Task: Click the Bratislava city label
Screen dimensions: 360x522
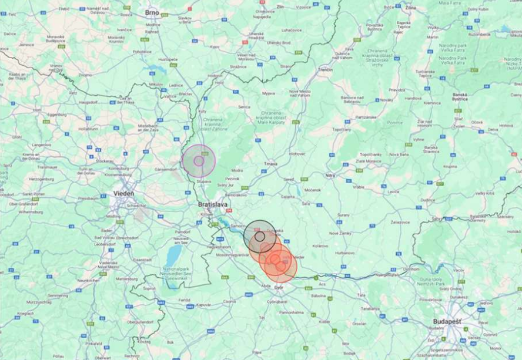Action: [x=213, y=204]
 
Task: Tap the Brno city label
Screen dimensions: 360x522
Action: [x=153, y=12]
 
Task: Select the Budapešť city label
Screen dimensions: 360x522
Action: [x=447, y=322]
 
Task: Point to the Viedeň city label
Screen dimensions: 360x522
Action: [x=123, y=193]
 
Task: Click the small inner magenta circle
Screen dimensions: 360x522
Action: [x=199, y=160]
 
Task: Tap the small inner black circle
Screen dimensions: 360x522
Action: [x=259, y=236]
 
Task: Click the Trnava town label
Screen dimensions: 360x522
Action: [x=270, y=164]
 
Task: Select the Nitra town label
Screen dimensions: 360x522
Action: [x=331, y=175]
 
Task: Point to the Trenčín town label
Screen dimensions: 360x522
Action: [x=325, y=69]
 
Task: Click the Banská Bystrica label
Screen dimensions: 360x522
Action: [x=460, y=97]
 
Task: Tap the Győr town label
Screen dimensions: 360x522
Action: [x=279, y=287]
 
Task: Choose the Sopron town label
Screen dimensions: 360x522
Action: [x=149, y=289]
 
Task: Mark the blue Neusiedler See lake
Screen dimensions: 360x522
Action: [x=174, y=255]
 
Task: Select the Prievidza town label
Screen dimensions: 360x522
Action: [x=397, y=90]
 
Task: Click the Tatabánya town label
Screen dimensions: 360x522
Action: [x=370, y=308]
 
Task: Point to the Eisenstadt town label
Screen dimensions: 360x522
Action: [x=143, y=259]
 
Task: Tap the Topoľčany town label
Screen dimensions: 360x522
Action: [x=342, y=129]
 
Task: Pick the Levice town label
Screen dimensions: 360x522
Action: [x=393, y=191]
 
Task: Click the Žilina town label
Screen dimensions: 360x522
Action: [x=410, y=8]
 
